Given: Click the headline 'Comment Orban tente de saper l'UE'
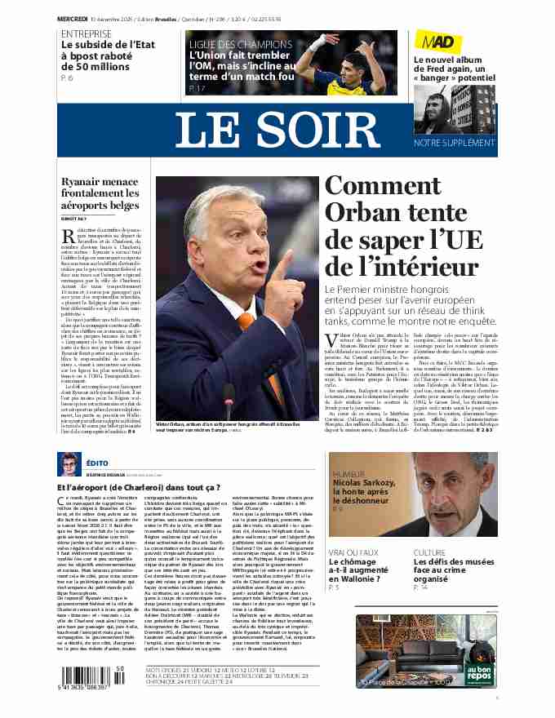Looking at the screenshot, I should pyautogui.click(x=402, y=226).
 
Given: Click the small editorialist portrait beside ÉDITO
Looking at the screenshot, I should pyautogui.click(x=69, y=464).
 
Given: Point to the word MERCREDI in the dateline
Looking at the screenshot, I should pyautogui.click(x=73, y=18).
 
